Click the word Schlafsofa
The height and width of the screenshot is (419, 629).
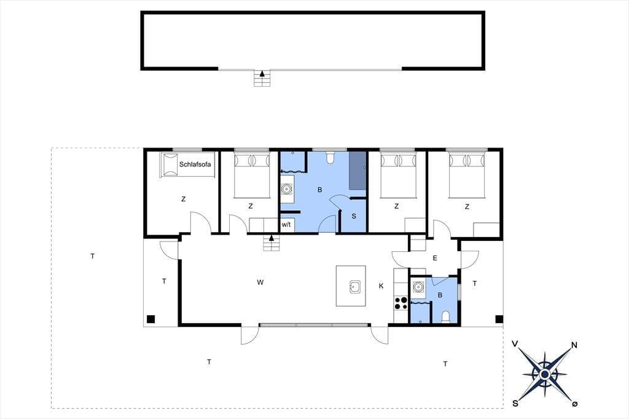pos(195,164)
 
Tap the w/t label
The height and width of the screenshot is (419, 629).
pos(286,225)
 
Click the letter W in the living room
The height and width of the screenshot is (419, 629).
pos(260,283)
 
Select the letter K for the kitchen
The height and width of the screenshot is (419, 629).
pos(381,286)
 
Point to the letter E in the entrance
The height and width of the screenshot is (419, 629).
pos(435,258)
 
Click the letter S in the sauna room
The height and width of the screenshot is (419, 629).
pos(354,216)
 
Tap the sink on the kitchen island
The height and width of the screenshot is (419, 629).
pos(354,287)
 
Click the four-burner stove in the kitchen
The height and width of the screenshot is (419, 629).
pos(400,303)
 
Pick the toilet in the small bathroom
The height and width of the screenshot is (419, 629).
pos(445,316)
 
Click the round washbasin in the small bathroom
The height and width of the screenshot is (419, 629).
pos(418,287)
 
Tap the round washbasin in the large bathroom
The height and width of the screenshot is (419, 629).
pos(286,188)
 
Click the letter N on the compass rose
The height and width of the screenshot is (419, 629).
pos(574,345)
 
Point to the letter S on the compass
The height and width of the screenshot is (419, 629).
pos(515,404)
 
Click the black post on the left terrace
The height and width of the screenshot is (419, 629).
pos(150,319)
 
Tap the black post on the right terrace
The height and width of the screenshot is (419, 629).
pos(499,319)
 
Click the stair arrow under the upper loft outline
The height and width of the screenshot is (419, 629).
pos(262,74)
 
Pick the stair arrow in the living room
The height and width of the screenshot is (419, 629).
pos(272,238)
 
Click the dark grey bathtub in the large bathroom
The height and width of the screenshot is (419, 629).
pos(357,170)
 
